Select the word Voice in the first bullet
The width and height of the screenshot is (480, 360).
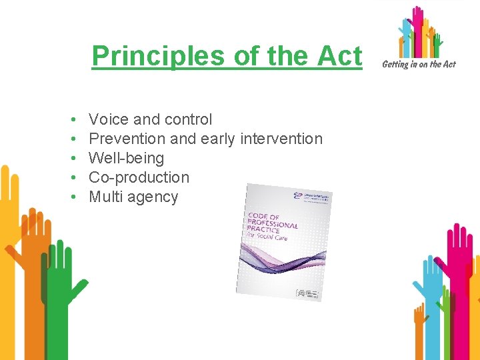pos(109,119)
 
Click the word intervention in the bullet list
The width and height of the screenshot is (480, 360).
pos(281,139)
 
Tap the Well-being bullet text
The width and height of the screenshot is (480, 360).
pos(126,158)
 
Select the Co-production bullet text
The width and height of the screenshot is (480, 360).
pos(139,177)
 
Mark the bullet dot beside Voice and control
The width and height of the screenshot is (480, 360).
pos(71,120)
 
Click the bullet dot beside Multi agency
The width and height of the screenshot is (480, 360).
pos(71,197)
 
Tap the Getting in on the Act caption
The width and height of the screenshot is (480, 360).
pos(418,64)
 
